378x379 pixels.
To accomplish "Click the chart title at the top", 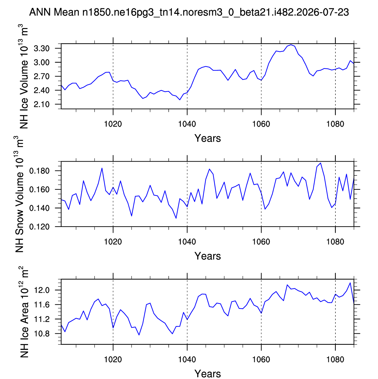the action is pyautogui.click(x=189, y=12).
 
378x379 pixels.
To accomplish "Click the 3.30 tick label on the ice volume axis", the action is pyautogui.click(x=42, y=48).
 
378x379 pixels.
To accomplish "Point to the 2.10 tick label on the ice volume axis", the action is pyautogui.click(x=42, y=105).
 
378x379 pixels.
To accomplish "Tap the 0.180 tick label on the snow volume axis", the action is pyautogui.click(x=39, y=171).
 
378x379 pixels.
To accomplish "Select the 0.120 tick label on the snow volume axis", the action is pyautogui.click(x=39, y=227).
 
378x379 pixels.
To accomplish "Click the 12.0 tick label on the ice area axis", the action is pyautogui.click(x=42, y=290).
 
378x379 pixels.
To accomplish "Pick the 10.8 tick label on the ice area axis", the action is pyautogui.click(x=42, y=334).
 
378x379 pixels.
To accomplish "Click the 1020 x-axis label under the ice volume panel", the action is pyautogui.click(x=113, y=124).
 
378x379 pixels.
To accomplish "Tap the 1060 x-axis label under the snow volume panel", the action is pyautogui.click(x=261, y=242).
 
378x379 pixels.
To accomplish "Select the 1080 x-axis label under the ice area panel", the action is pyautogui.click(x=335, y=360).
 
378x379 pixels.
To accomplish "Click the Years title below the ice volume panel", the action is pyautogui.click(x=208, y=138).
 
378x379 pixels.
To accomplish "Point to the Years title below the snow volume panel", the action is pyautogui.click(x=208, y=256).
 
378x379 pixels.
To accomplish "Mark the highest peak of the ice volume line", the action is pyautogui.click(x=291, y=45).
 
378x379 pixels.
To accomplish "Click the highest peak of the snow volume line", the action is pyautogui.click(x=321, y=163).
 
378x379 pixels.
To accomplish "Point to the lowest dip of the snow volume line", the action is pyautogui.click(x=176, y=218).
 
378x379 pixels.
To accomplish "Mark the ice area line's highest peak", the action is pyautogui.click(x=350, y=283).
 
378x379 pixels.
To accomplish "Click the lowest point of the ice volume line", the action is pyautogui.click(x=180, y=100).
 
